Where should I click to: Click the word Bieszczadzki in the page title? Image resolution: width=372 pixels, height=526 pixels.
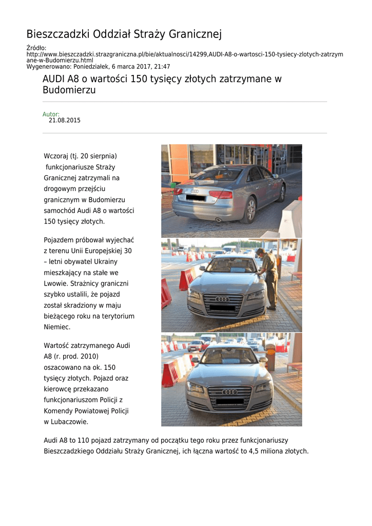tap(58, 34)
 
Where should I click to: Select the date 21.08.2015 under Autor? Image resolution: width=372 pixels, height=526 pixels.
tap(64, 120)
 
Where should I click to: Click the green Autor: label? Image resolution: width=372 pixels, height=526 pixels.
tap(51, 114)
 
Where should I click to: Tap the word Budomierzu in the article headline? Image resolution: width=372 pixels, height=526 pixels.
tap(69, 90)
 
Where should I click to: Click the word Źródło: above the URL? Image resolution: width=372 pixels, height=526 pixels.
tap(36, 48)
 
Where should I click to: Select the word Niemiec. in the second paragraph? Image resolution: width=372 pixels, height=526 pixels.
tap(57, 327)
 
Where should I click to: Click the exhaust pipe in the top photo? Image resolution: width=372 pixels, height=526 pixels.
tap(218, 219)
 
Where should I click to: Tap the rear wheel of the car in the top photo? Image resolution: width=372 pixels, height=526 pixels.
tap(250, 210)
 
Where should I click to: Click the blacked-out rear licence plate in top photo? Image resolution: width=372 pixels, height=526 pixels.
tap(195, 197)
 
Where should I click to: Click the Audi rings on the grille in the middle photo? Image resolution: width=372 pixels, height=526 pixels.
tap(222, 299)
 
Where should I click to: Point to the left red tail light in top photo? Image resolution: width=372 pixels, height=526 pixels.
tap(178, 192)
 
